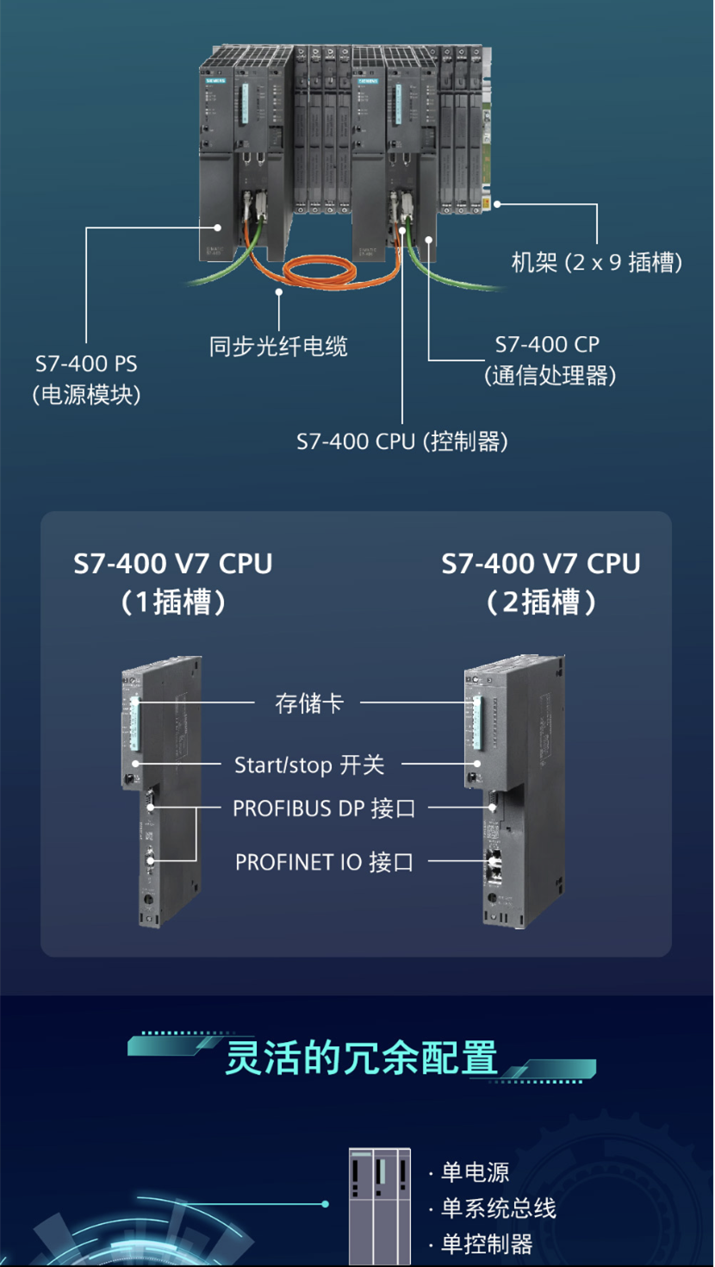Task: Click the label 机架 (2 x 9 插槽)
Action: point(597,262)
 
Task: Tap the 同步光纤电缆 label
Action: point(278,346)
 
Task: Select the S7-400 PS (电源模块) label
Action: point(87,379)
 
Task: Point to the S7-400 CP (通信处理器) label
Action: point(550,360)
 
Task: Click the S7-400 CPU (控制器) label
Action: point(402,441)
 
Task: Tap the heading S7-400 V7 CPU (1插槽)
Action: point(173,583)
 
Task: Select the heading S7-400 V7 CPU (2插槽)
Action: point(541,583)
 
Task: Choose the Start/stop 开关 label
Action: point(309,765)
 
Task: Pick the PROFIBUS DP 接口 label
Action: point(324,808)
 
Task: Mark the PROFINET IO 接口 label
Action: point(324,862)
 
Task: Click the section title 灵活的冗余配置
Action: point(361,1058)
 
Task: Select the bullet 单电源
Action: point(475,1172)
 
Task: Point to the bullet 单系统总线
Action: point(498,1208)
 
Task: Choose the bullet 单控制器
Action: point(487,1245)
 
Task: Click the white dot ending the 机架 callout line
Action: point(497,204)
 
